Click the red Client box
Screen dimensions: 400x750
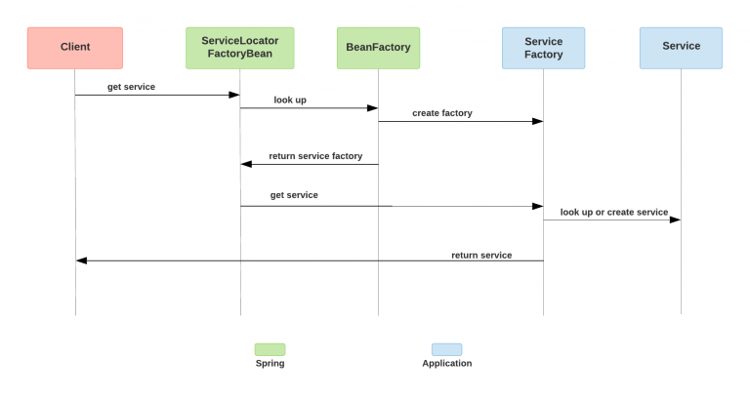point(75,47)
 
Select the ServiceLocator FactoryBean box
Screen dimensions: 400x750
point(239,47)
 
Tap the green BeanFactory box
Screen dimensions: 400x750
point(378,47)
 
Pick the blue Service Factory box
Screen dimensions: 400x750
point(543,47)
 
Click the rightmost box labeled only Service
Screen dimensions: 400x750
point(681,47)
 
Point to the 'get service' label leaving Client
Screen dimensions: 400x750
point(131,87)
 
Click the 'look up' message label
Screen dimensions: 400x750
point(290,100)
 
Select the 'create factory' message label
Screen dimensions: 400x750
point(441,113)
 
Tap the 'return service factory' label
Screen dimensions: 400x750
point(315,155)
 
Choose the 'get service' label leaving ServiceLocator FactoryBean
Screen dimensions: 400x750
point(294,195)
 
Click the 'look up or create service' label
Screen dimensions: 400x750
point(613,212)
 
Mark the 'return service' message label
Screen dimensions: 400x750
point(481,255)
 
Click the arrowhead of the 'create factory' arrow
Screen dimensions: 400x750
point(537,121)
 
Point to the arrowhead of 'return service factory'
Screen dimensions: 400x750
point(246,164)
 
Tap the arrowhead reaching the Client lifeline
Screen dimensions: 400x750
point(82,260)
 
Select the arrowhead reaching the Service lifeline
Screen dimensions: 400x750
point(675,220)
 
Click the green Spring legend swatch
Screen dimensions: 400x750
point(270,348)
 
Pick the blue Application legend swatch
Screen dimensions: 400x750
point(446,348)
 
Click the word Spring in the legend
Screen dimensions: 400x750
point(270,364)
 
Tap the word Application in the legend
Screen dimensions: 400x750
point(446,364)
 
